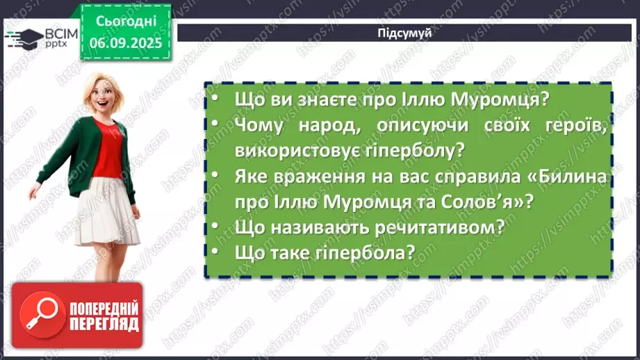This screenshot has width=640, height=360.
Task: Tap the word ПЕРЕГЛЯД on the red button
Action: pos(102,325)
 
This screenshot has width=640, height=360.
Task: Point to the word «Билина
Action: pos(568,177)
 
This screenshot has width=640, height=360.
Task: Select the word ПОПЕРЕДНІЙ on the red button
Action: pos(102,309)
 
